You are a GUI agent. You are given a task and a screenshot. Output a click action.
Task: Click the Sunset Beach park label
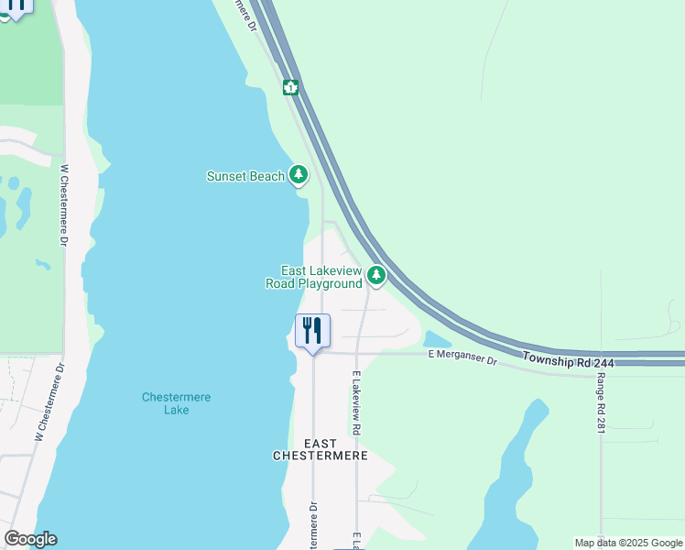point(245,176)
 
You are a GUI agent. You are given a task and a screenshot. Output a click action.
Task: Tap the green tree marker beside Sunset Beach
point(298,174)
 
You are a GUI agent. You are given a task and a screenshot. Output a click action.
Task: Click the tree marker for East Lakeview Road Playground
point(375,275)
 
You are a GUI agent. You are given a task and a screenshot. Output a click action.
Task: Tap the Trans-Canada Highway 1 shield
point(290,88)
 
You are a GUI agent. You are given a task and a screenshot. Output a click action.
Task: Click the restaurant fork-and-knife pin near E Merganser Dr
point(312,332)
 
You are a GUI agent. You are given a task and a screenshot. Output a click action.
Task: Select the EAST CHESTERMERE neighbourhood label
point(321,449)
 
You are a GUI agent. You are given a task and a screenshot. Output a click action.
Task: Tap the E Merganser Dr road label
point(462,358)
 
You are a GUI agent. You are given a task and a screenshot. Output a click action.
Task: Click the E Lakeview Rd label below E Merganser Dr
point(355,403)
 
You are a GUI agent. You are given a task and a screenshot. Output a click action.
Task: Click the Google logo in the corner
point(31,539)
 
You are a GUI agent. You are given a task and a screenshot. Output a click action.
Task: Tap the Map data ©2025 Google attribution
point(628,543)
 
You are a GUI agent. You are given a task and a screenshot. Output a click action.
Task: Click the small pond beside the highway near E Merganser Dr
point(430,339)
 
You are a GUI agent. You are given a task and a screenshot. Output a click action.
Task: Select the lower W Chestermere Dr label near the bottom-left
point(49,403)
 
